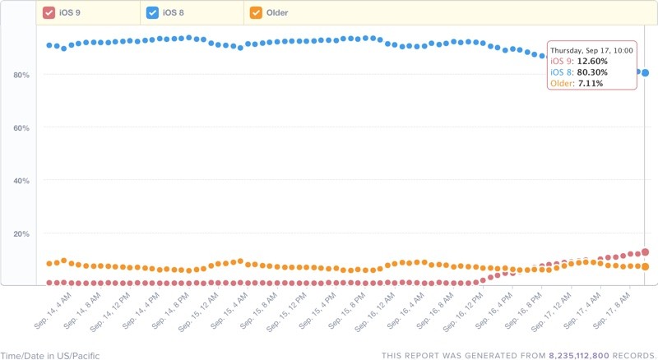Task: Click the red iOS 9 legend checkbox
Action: tap(49, 12)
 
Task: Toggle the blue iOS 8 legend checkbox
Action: tap(153, 12)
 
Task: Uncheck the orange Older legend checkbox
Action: tap(256, 12)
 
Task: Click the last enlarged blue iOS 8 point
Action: tap(646, 73)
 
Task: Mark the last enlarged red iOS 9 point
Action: tap(646, 252)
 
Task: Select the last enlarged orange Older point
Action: tap(646, 266)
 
